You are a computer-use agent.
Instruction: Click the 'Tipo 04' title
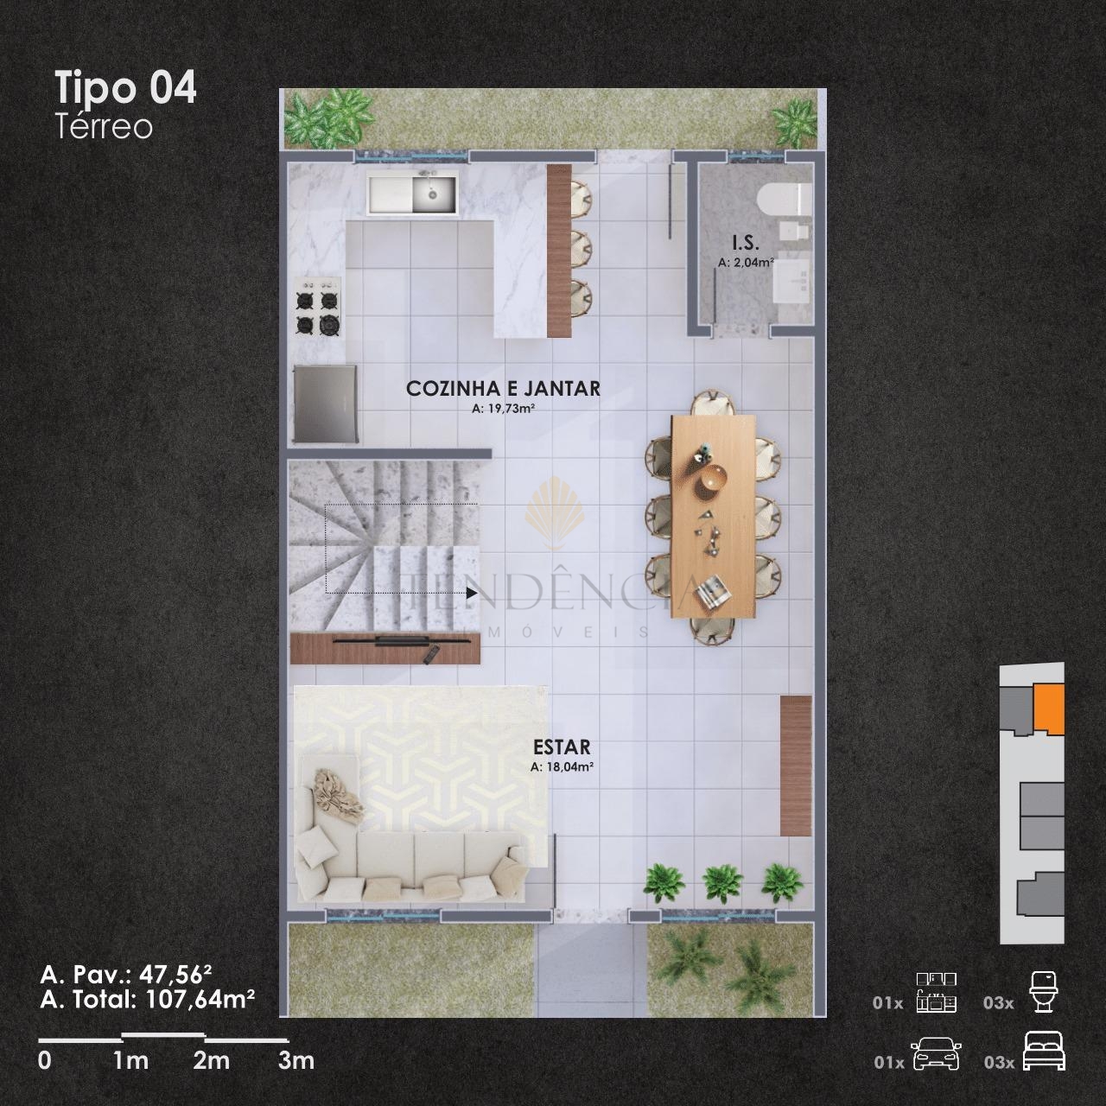(x=125, y=88)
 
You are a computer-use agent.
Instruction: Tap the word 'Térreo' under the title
(x=104, y=127)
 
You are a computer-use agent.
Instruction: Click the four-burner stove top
(x=318, y=306)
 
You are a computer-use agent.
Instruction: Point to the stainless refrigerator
(x=325, y=404)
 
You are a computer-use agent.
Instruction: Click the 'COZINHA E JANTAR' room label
(x=503, y=389)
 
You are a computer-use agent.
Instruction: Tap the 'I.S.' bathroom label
(x=746, y=243)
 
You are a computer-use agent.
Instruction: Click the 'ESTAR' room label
(x=562, y=747)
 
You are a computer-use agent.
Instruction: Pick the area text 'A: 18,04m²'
(x=562, y=766)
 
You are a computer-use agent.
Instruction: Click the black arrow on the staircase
(x=472, y=593)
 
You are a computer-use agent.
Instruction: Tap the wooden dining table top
(x=714, y=516)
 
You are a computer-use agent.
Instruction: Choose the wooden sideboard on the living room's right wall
(x=796, y=766)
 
